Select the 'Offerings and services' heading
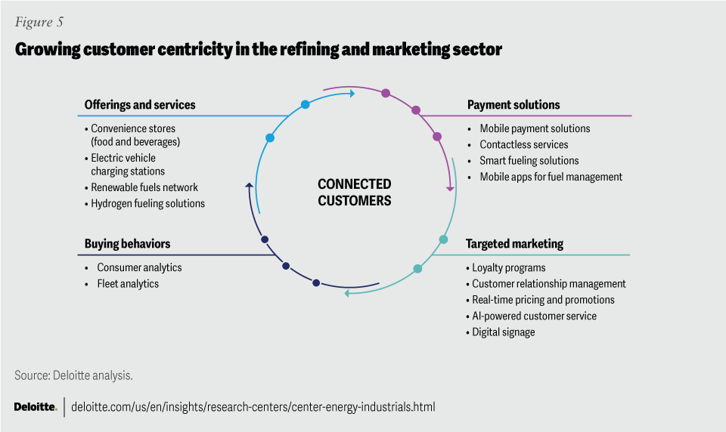tap(140, 105)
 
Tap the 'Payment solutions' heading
tap(513, 105)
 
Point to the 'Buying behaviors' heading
tap(127, 244)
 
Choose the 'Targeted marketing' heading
tap(514, 244)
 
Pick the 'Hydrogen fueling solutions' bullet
tap(147, 203)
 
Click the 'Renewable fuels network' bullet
tap(144, 187)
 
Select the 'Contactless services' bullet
tap(523, 144)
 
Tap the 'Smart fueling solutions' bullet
tap(529, 160)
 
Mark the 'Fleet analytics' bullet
tap(128, 284)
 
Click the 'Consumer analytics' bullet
tap(139, 267)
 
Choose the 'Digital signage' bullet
tap(503, 332)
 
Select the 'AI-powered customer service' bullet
tap(534, 316)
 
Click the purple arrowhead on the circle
tap(450, 187)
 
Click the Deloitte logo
tap(35, 407)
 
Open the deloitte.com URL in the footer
tap(253, 407)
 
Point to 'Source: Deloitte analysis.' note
tap(73, 375)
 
